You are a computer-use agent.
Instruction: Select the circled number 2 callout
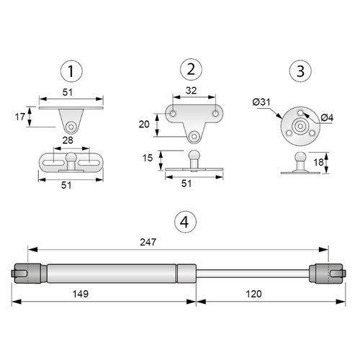click(x=191, y=70)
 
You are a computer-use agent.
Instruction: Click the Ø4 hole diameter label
click(x=326, y=117)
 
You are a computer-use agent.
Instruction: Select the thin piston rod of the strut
click(x=252, y=274)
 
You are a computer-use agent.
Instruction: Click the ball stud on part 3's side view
click(x=298, y=158)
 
